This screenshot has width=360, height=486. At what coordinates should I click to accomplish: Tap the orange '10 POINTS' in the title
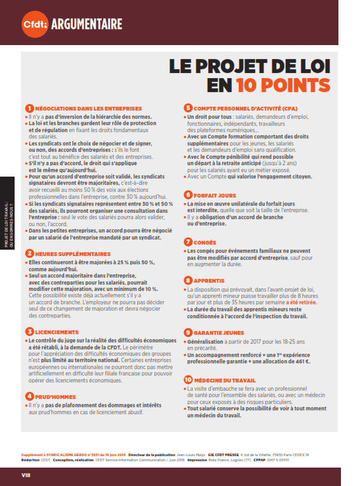click(283, 86)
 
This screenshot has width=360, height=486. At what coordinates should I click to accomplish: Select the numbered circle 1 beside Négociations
click(29, 108)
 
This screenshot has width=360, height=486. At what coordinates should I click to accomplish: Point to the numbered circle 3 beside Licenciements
click(29, 332)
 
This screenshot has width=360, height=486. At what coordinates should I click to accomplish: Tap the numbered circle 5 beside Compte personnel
click(188, 108)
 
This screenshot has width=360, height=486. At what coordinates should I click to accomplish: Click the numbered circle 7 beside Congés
click(188, 241)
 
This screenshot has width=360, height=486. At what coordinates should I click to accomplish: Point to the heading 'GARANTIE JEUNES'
click(219, 332)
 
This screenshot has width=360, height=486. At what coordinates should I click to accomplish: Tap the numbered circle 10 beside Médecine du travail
click(188, 380)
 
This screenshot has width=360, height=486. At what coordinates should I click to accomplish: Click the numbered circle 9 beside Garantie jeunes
click(188, 332)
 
